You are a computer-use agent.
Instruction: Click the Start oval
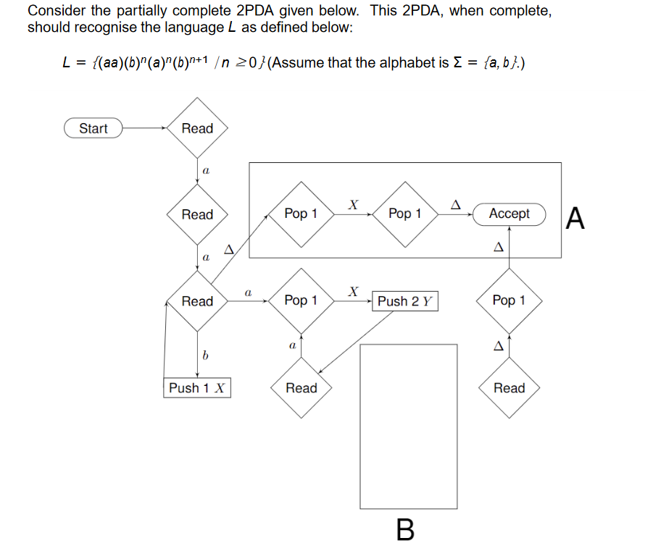pyautogui.click(x=93, y=129)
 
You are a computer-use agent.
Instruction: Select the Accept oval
pyautogui.click(x=509, y=214)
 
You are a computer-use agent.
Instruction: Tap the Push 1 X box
pyautogui.click(x=197, y=388)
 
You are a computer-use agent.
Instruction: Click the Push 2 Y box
pyautogui.click(x=405, y=301)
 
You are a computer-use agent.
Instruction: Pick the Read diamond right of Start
pyautogui.click(x=197, y=129)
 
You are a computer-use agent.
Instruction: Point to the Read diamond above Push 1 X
pyautogui.click(x=197, y=301)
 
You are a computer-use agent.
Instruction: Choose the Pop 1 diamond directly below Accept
pyautogui.click(x=509, y=300)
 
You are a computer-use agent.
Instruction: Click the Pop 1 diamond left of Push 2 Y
pyautogui.click(x=301, y=300)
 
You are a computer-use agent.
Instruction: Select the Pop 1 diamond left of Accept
pyautogui.click(x=404, y=214)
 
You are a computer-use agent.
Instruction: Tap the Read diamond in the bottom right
pyautogui.click(x=509, y=388)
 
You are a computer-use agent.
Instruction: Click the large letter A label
pyautogui.click(x=575, y=218)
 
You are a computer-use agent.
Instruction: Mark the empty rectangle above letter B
pyautogui.click(x=409, y=426)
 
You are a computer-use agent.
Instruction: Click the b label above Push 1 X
pyautogui.click(x=205, y=355)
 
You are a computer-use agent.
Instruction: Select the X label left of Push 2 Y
pyautogui.click(x=353, y=291)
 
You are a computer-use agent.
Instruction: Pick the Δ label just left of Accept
pyautogui.click(x=456, y=205)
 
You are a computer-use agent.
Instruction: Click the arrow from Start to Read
pyautogui.click(x=145, y=129)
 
